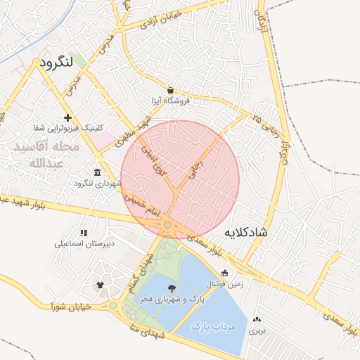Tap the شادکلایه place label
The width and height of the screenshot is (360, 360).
247,231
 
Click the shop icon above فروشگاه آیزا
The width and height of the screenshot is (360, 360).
170,89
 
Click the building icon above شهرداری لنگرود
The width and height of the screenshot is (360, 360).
97,172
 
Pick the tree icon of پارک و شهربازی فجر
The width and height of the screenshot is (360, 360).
172,288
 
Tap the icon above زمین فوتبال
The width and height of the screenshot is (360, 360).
224,274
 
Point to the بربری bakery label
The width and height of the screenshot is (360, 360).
259,330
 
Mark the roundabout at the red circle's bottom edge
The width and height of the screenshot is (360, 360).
168,225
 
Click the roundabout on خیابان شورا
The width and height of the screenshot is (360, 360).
112,306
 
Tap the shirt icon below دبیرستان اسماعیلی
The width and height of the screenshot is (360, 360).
100,285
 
